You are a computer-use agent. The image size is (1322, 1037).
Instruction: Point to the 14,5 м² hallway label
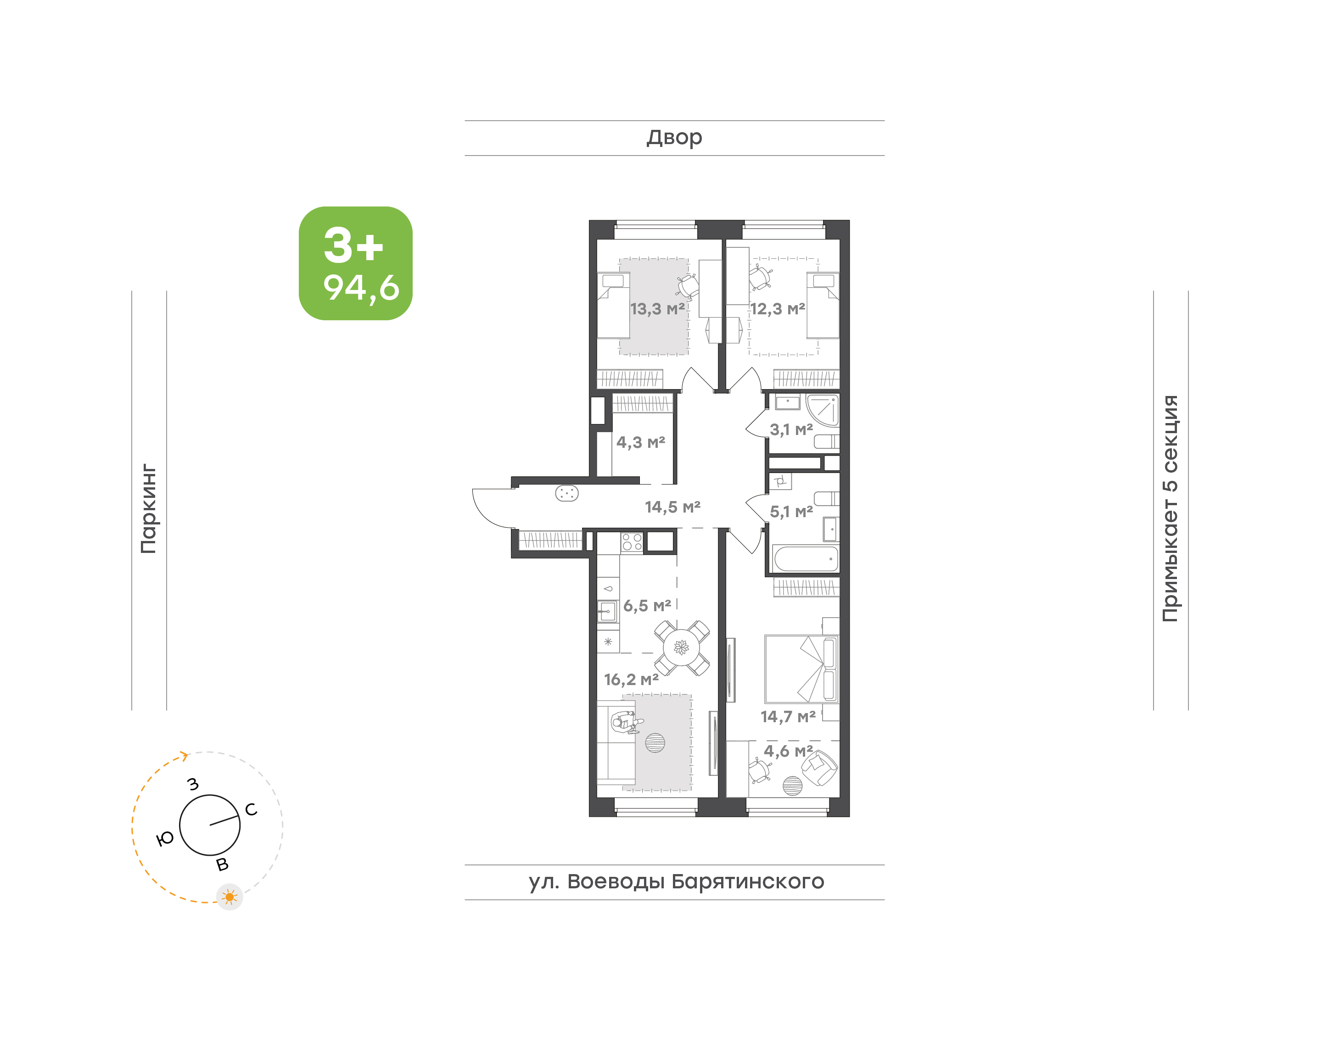click(x=672, y=507)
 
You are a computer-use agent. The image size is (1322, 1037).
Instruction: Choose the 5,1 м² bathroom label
click(x=791, y=511)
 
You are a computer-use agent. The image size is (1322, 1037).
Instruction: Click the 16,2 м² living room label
click(x=631, y=680)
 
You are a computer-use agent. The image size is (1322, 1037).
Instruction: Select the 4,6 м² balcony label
click(x=788, y=751)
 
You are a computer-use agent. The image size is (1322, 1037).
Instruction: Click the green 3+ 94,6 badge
click(x=356, y=263)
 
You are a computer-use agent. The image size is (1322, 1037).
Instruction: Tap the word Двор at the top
click(x=674, y=138)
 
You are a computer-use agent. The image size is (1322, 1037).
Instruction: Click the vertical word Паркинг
click(x=149, y=509)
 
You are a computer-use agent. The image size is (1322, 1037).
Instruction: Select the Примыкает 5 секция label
click(x=1170, y=509)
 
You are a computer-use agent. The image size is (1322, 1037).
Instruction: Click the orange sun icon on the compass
click(x=230, y=897)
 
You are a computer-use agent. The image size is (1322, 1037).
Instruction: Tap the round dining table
click(x=681, y=648)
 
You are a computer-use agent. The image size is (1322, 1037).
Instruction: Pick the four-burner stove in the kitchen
click(x=632, y=541)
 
